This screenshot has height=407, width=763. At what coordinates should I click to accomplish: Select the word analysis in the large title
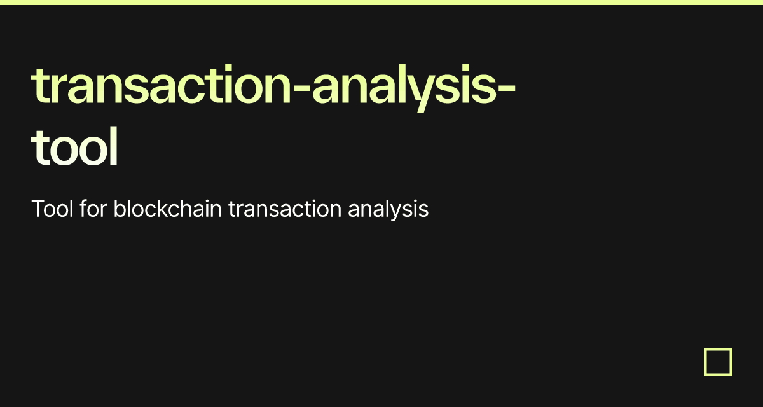click(x=401, y=86)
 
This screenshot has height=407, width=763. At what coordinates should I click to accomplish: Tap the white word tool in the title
click(x=75, y=147)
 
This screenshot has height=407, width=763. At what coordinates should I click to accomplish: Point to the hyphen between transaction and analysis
click(x=301, y=90)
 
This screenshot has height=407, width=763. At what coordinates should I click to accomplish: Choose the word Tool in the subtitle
click(x=52, y=209)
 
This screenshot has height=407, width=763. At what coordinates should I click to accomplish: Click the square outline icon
click(x=718, y=362)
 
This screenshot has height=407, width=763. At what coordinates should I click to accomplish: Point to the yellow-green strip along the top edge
click(x=381, y=3)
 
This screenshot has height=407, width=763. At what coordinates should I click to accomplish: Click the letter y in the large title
click(x=421, y=92)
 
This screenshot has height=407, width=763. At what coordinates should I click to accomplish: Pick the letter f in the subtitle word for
click(x=83, y=209)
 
